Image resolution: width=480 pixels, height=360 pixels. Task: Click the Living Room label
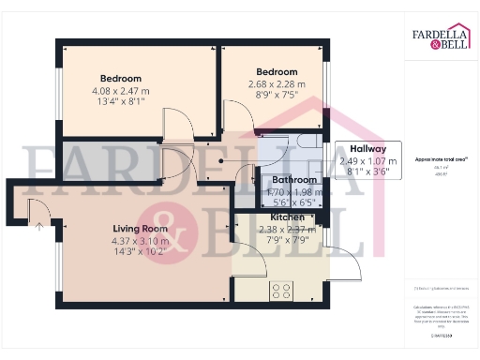[140, 229]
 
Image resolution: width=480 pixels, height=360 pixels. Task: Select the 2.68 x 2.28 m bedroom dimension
[277, 83]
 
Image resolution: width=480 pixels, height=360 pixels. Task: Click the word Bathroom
[293, 179]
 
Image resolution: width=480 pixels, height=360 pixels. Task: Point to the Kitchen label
[287, 217]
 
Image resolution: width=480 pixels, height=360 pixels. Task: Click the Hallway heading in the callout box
[367, 148]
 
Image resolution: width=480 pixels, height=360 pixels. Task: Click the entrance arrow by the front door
[38, 224]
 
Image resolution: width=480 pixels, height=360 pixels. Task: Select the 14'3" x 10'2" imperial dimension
[140, 252]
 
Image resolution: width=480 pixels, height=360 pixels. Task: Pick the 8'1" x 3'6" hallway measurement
[367, 172]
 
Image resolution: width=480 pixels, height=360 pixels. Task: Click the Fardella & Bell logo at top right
[441, 37]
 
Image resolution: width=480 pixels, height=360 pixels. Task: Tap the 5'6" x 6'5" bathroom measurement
[293, 202]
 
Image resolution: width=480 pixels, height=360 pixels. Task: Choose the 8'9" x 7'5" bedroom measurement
[277, 95]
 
